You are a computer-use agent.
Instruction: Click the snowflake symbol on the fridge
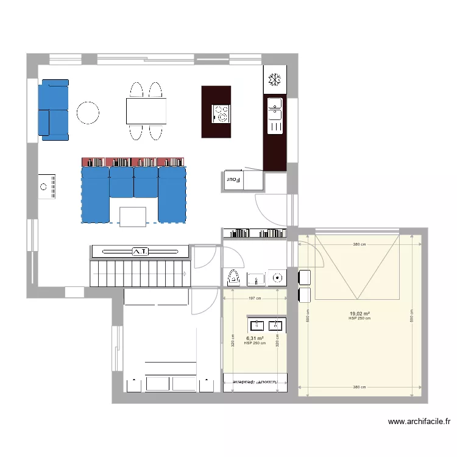click(275, 80)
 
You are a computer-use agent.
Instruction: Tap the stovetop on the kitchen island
click(221, 113)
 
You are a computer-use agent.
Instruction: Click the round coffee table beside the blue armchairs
click(88, 112)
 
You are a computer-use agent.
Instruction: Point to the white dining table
click(146, 111)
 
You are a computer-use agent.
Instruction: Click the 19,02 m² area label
click(360, 314)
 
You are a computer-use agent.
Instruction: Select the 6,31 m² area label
click(255, 338)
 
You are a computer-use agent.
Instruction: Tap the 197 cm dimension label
click(255, 299)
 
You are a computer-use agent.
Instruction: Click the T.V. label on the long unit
click(140, 251)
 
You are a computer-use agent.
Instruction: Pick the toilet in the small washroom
click(233, 277)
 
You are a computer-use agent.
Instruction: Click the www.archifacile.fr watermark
click(419, 421)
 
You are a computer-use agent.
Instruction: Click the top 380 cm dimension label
click(360, 244)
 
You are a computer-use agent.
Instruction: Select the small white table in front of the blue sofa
click(133, 216)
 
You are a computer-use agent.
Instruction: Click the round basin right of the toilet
click(278, 278)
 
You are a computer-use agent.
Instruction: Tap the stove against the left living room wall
click(48, 187)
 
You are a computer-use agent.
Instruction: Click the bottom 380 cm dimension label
click(360, 387)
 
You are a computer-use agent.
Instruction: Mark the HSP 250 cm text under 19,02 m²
click(360, 319)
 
